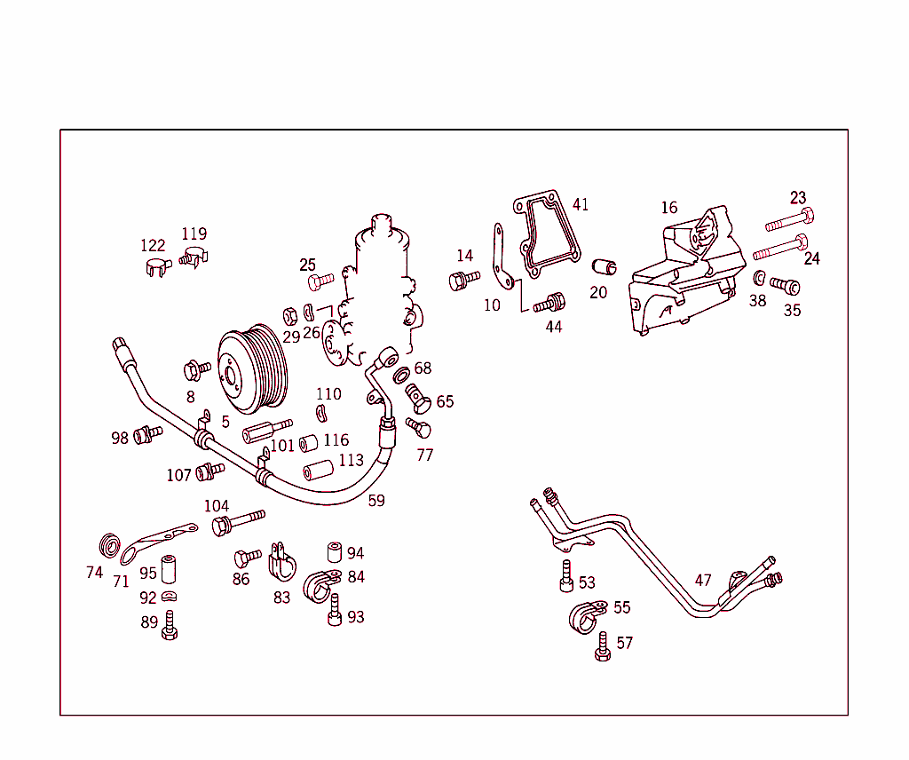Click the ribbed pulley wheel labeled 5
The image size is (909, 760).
click(x=255, y=368)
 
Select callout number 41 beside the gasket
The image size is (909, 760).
click(x=580, y=205)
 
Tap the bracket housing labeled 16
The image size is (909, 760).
click(x=688, y=271)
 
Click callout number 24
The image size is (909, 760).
click(x=811, y=259)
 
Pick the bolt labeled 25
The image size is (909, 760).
click(x=320, y=282)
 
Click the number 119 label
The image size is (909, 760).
click(x=194, y=234)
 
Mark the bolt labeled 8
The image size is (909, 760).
click(x=196, y=368)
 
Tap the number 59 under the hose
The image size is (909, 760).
click(x=376, y=501)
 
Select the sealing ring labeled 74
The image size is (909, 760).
click(x=111, y=543)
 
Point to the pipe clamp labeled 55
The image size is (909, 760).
click(x=585, y=616)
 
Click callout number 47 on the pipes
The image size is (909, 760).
click(x=703, y=581)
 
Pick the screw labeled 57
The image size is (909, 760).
click(x=603, y=645)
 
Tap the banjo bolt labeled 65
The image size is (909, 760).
click(x=419, y=398)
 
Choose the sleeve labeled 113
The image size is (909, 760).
click(x=318, y=469)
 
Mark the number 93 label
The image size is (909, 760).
click(x=356, y=617)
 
